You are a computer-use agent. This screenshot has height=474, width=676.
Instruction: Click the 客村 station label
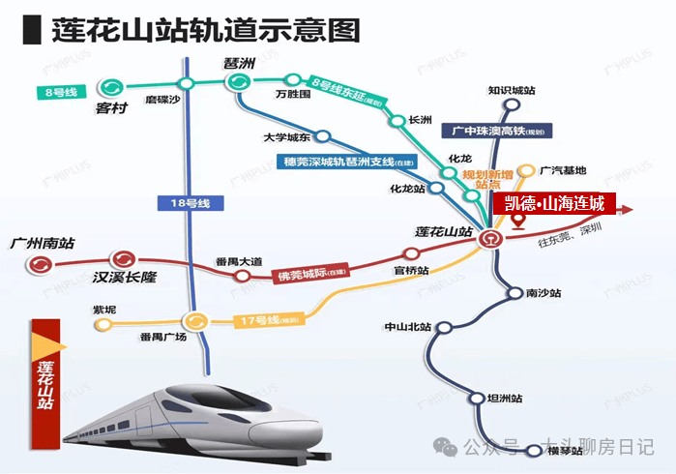(112, 108)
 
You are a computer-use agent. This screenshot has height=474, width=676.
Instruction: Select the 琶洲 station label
(238, 63)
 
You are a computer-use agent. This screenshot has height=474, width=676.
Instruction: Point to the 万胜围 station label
(293, 95)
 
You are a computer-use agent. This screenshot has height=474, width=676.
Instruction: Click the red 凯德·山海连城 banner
(555, 203)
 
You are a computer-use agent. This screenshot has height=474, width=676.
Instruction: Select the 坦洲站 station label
(505, 399)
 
